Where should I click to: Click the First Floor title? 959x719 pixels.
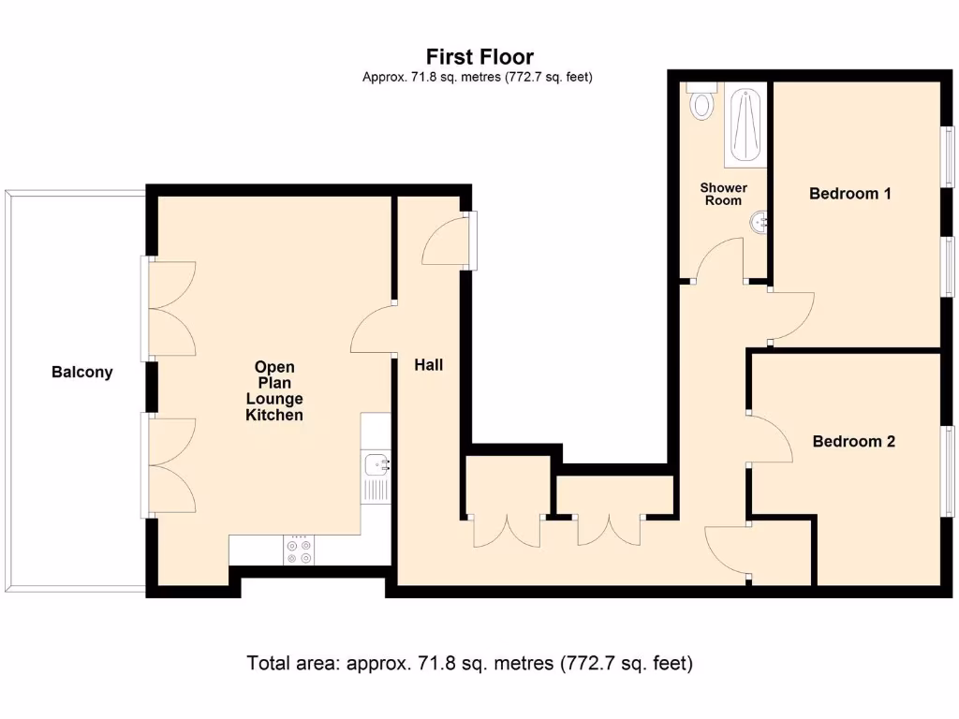(x=479, y=57)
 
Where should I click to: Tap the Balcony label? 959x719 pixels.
(x=81, y=372)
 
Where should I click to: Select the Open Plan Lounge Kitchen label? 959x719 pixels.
(x=274, y=390)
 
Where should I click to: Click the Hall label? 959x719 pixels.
(x=429, y=365)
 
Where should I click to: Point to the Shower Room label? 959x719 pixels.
(x=723, y=194)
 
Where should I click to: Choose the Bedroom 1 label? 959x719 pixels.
(x=850, y=194)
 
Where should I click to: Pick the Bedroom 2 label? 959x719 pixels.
(x=853, y=441)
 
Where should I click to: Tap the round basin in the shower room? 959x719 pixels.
(x=760, y=222)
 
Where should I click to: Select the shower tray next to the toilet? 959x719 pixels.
(x=747, y=125)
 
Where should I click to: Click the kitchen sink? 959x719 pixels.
(x=378, y=462)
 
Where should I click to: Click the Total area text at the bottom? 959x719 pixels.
(x=469, y=664)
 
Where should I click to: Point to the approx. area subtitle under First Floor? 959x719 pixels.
(x=477, y=78)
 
